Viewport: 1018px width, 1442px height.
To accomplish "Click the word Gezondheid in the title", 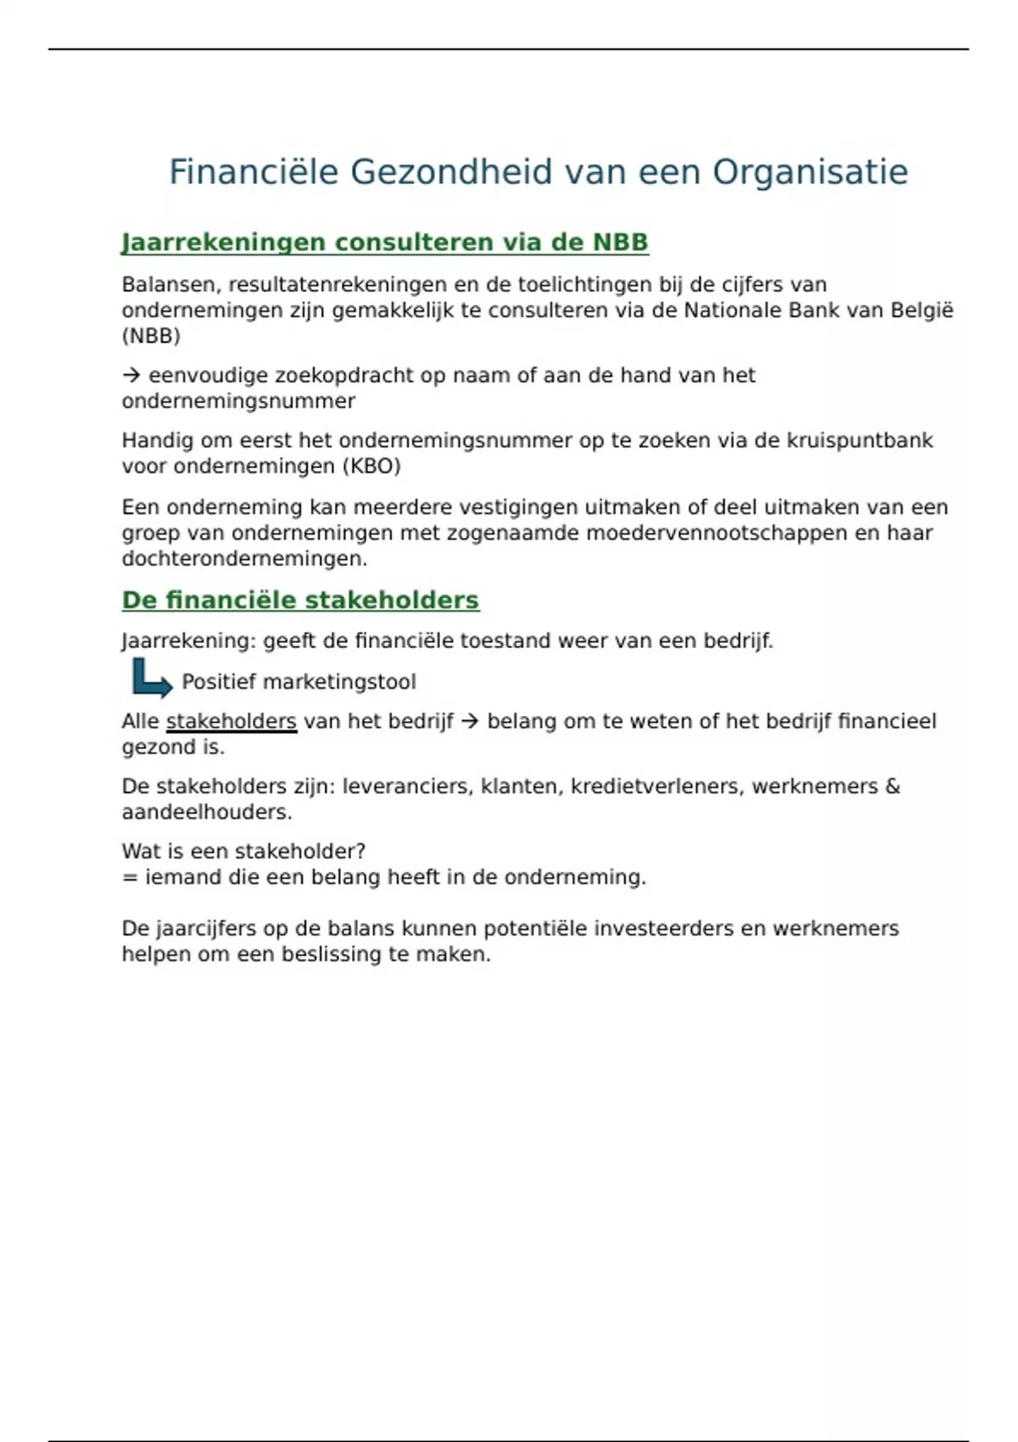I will [x=450, y=172].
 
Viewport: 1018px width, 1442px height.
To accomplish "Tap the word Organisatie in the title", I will [x=809, y=172].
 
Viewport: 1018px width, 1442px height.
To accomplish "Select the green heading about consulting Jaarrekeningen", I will [x=384, y=243].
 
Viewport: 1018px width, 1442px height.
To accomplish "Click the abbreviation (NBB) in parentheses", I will [x=151, y=336].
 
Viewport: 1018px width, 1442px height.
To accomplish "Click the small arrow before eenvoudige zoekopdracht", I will [x=131, y=375].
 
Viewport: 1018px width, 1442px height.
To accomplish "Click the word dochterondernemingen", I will [x=243, y=559].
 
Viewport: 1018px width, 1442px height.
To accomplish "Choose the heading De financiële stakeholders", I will [x=300, y=601].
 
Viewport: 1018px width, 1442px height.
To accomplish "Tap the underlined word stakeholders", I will [x=232, y=722].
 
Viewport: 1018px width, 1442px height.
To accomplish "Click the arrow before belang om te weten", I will [x=470, y=722].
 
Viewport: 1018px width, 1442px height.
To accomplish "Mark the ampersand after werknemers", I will [x=892, y=786].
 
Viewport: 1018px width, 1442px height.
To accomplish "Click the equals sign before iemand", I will [x=130, y=877].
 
